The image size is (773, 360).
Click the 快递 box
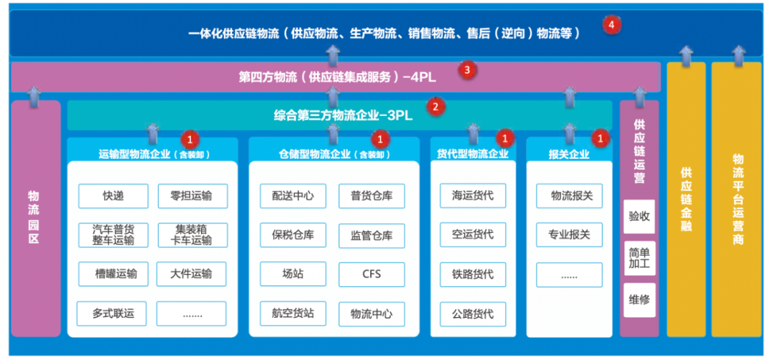(113, 195)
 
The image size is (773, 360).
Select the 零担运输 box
(192, 195)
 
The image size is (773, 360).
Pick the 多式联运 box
(113, 313)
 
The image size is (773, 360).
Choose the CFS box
(371, 273)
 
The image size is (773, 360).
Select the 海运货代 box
(472, 195)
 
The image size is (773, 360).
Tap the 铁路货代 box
(472, 273)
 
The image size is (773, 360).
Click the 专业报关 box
(569, 235)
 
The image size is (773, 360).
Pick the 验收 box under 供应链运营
(639, 216)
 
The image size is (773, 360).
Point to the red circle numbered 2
(435, 108)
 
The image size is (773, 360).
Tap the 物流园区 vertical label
(34, 217)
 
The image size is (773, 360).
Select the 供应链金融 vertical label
(686, 200)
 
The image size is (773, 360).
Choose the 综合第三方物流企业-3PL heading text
(343, 115)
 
